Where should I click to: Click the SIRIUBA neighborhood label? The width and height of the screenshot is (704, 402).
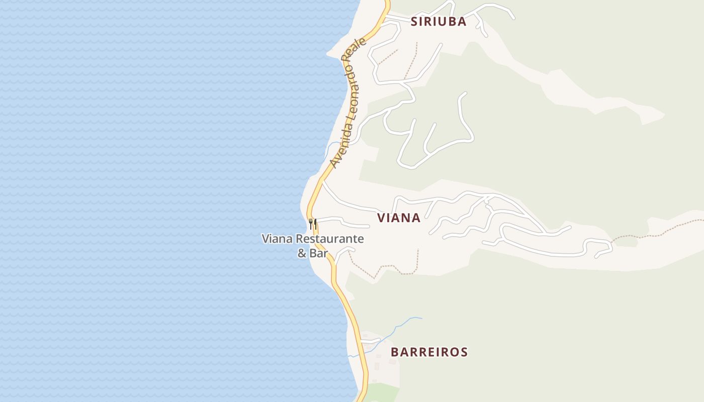438,22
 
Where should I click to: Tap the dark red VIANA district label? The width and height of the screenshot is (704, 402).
399,218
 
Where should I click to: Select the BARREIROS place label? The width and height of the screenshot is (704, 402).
429,352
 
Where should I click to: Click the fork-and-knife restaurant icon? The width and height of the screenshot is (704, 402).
313,223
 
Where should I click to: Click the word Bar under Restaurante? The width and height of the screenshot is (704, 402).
318,253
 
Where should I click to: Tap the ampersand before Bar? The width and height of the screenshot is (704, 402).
302,253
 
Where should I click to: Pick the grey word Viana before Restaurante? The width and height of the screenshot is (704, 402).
277,239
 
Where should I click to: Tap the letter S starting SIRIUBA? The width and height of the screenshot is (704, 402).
414,22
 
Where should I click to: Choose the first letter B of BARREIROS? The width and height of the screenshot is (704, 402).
395,352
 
